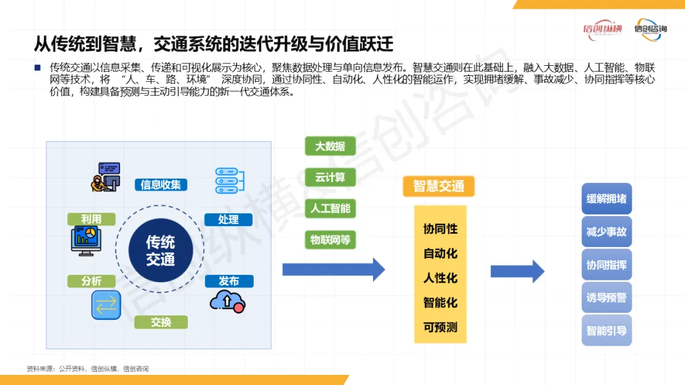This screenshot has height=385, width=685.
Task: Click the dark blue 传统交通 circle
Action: click(160, 251)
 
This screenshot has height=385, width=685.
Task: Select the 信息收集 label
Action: click(161, 185)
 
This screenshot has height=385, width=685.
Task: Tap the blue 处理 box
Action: click(228, 220)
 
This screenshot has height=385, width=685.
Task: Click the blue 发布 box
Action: click(229, 281)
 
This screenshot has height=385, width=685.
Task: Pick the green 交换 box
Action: click(161, 322)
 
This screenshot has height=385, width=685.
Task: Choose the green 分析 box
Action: click(91, 281)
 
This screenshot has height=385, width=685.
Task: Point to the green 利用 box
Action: click(91, 219)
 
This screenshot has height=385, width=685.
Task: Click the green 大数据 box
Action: click(330, 146)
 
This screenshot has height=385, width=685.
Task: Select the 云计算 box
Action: click(330, 177)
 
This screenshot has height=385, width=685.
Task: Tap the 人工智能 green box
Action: click(330, 208)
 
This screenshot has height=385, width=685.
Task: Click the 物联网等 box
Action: click(330, 240)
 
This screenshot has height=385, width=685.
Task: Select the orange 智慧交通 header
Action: click(438, 186)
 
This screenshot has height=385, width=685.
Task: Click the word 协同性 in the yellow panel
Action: click(440, 229)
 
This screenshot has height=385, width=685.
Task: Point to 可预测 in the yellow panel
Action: click(440, 327)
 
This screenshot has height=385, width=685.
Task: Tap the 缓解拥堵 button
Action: click(606, 199)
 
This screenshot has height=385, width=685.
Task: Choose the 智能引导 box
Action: click(606, 331)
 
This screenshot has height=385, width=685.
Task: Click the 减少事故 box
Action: click(606, 232)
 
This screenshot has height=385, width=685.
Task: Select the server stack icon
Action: click(226, 180)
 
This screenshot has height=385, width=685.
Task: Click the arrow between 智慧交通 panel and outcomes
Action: click(517, 271)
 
